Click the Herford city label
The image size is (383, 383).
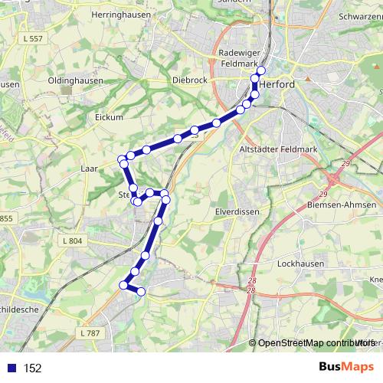(x=277, y=84)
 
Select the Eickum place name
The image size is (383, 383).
(x=109, y=117)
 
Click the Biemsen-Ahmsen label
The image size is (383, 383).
(x=340, y=205)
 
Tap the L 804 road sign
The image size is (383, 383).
(x=70, y=241)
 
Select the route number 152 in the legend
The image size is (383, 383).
(x=33, y=368)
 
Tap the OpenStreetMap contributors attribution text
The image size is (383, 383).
(x=315, y=343)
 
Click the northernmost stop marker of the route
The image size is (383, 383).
(x=260, y=71)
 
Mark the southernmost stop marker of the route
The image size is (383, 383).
(x=140, y=291)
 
